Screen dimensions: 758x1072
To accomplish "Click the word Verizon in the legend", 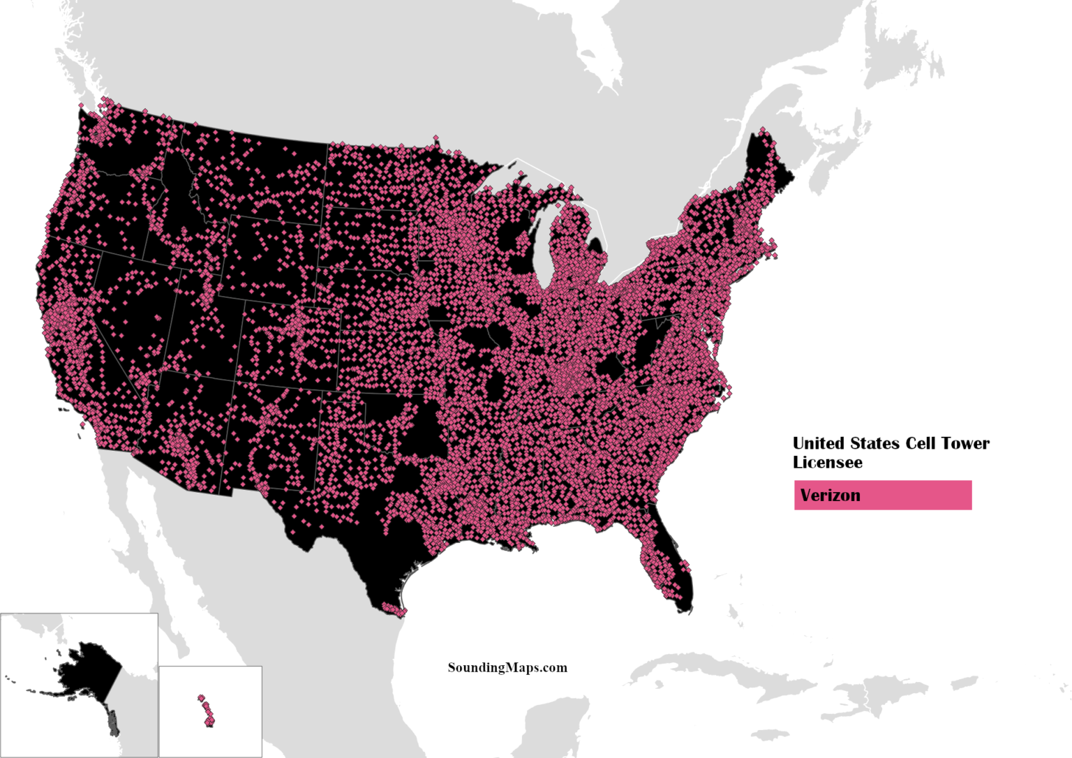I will (830, 496).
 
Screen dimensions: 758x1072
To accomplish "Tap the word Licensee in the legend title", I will (827, 463).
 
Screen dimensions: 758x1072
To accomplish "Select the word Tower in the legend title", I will (965, 443).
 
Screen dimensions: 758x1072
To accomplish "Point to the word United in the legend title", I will (817, 443).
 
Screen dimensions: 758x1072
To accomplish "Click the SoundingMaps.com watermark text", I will (507, 668).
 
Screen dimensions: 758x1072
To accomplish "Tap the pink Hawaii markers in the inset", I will (207, 712).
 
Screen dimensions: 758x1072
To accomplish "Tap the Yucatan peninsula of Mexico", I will (551, 726).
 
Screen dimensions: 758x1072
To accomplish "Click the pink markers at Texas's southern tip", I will (394, 611).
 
